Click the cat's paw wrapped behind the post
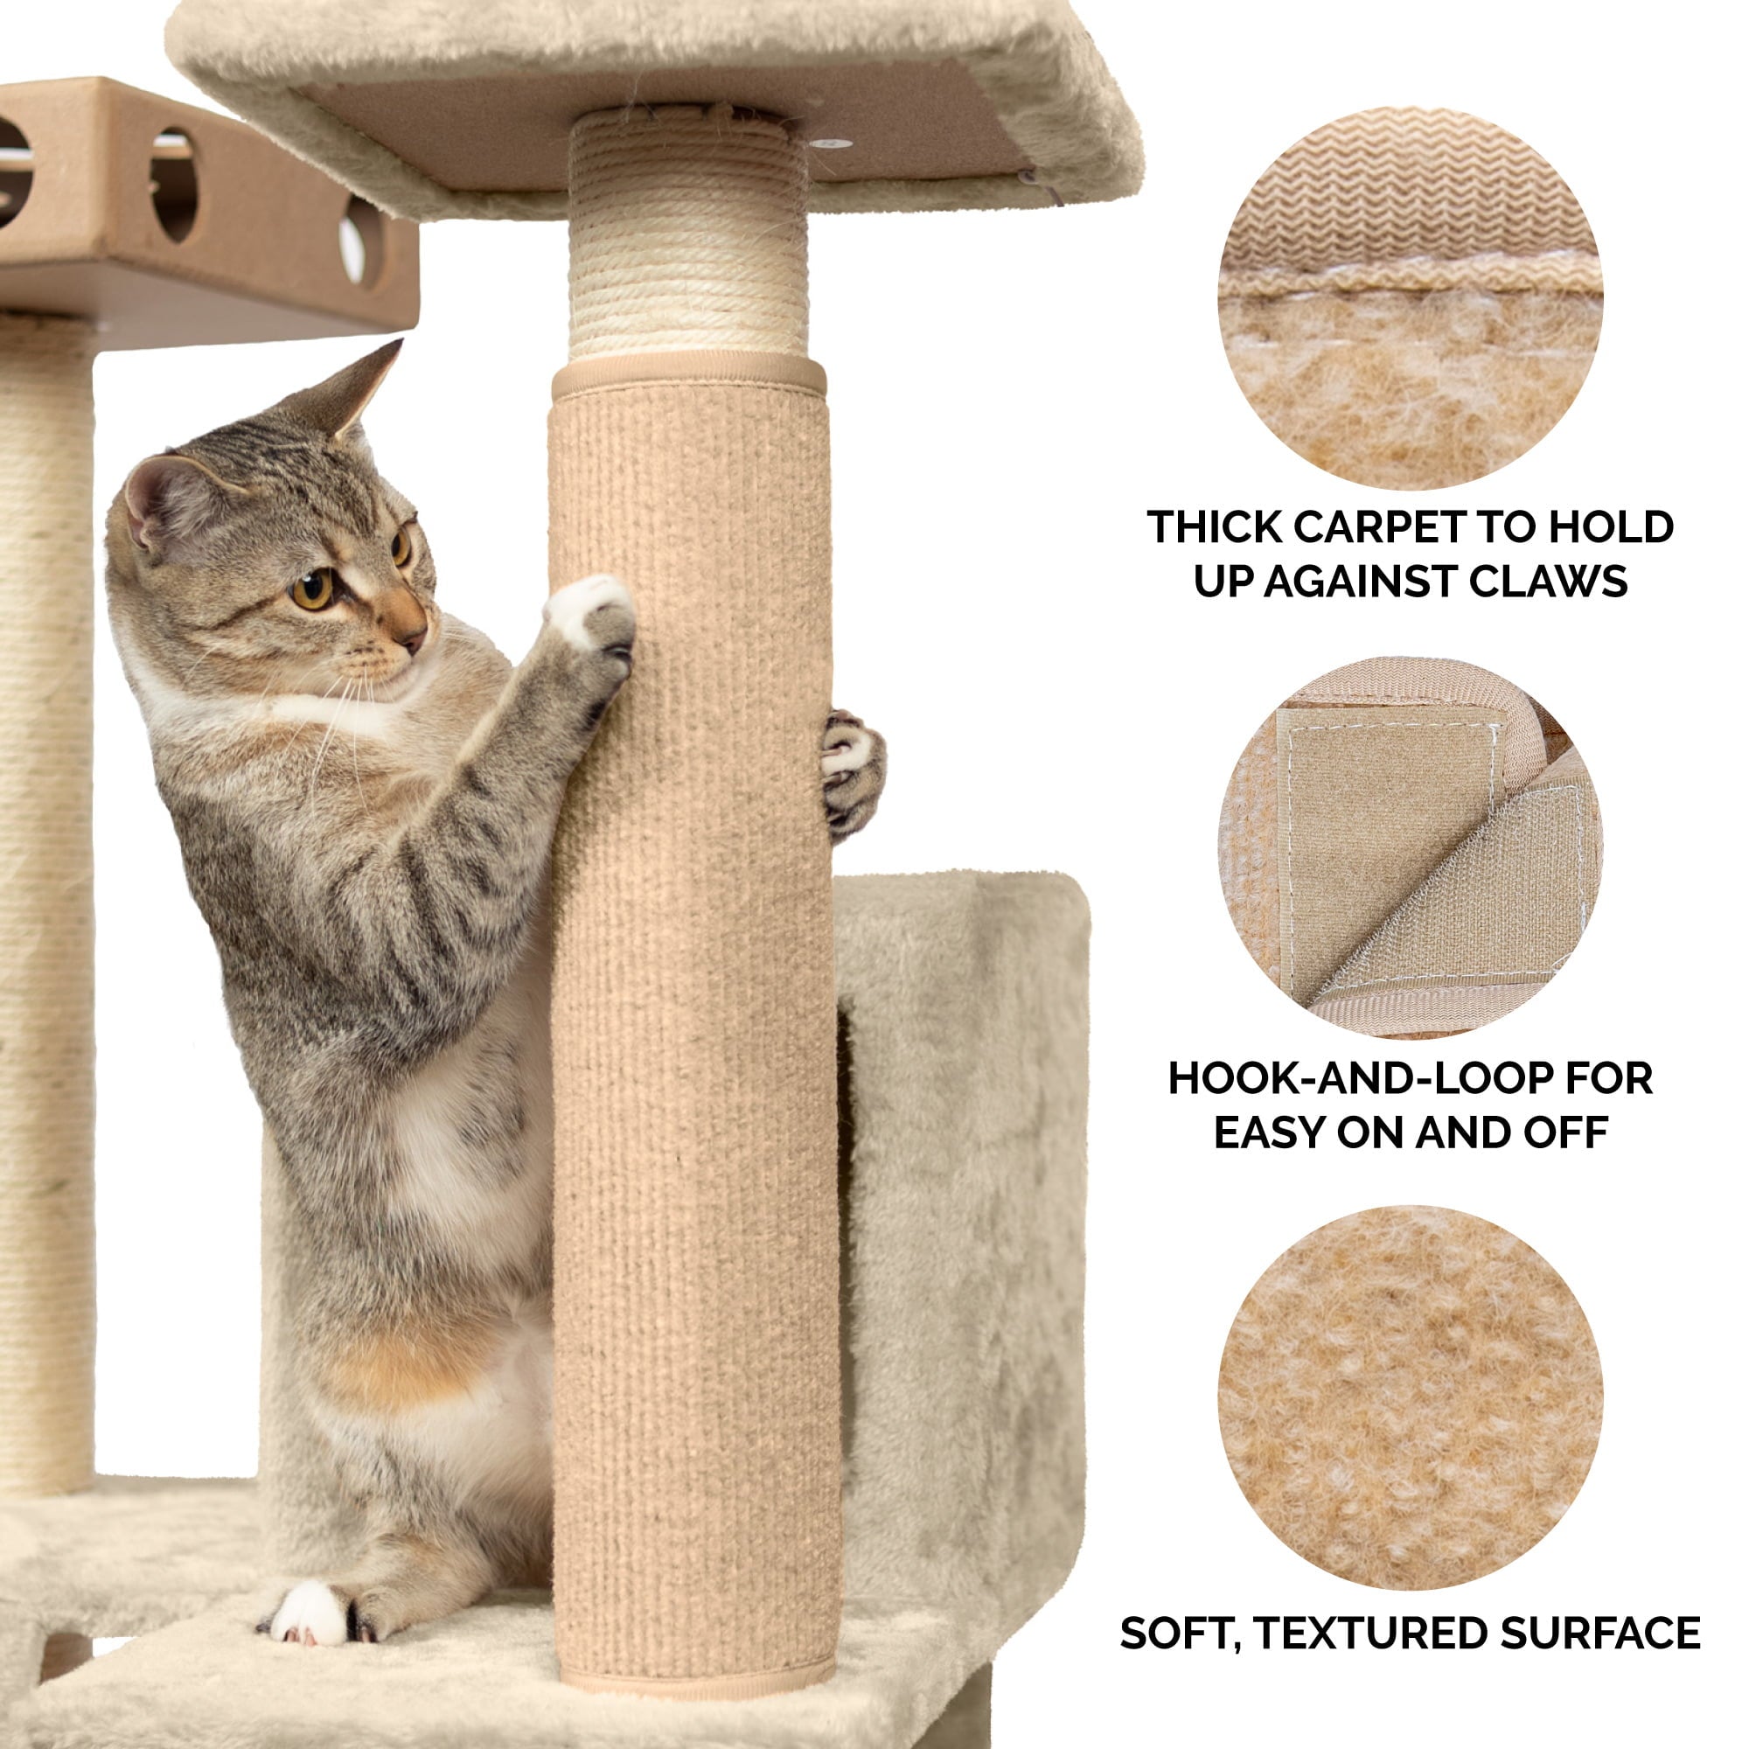pyautogui.click(x=851, y=770)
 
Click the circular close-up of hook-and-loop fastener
pyautogui.click(x=1410, y=848)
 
